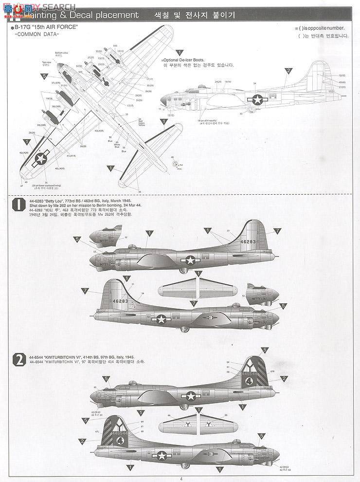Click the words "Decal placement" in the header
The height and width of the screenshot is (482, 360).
111,15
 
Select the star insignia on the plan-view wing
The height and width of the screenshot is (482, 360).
42,158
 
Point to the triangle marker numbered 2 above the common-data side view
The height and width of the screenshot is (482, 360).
288,71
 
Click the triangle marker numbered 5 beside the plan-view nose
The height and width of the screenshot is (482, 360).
44,76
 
